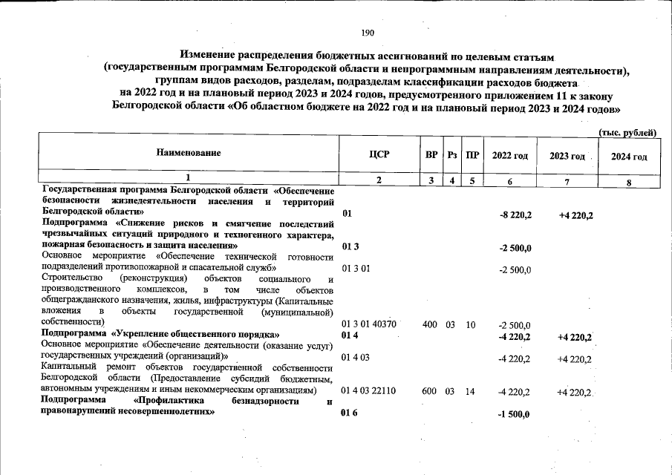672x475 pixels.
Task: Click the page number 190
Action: [368, 33]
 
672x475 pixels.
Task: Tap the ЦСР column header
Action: [379, 155]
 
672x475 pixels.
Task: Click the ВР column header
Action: [431, 155]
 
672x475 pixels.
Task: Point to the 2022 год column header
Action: [510, 156]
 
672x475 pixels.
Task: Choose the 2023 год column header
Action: [567, 156]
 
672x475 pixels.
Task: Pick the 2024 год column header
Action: [628, 157]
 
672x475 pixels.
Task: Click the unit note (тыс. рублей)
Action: [627, 132]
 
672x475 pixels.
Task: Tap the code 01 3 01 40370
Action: [369, 324]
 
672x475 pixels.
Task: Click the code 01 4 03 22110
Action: [369, 390]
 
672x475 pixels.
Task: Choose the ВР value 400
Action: [429, 324]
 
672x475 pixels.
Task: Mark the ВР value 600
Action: [429, 390]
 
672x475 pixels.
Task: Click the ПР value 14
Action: [470, 390]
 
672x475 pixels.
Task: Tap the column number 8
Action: [628, 182]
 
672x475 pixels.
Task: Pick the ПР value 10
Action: [470, 324]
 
